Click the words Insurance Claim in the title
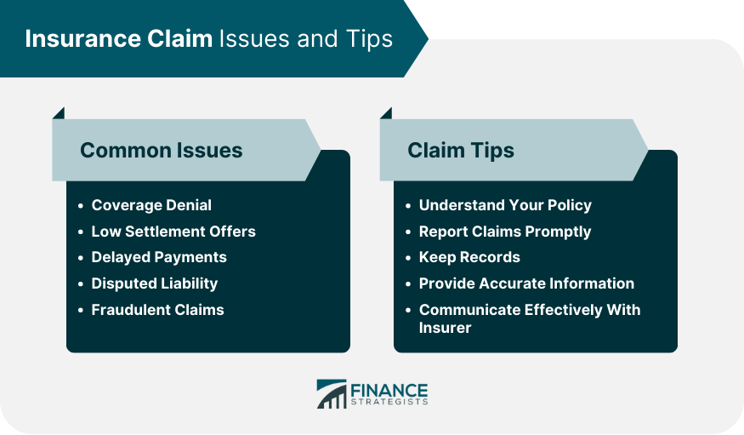[x=119, y=38]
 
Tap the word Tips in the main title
[x=369, y=39]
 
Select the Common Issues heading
[x=162, y=150]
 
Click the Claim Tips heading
[x=461, y=151]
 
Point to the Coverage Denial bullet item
[x=151, y=205]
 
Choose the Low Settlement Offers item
[x=173, y=232]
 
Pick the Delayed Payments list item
[x=159, y=257]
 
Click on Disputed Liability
[x=155, y=283]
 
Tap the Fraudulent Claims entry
[x=157, y=310]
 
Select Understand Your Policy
[x=505, y=205]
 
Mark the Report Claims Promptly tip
[x=505, y=232]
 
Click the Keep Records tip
[x=469, y=257]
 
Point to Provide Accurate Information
[x=526, y=283]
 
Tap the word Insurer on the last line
[x=445, y=328]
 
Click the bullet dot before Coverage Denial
[x=81, y=206]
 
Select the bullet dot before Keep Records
[x=408, y=258]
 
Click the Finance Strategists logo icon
[x=332, y=393]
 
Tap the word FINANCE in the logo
[x=389, y=391]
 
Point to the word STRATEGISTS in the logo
[x=389, y=403]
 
